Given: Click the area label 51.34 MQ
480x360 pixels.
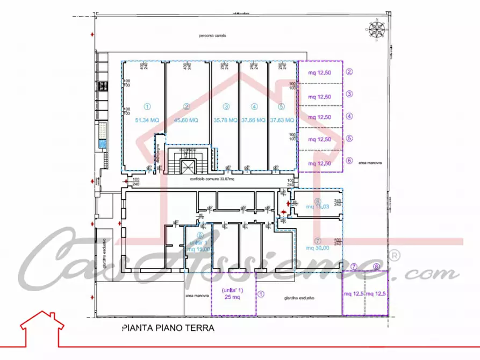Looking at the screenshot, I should tap(146, 121).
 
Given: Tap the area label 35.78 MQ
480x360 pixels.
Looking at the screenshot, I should tap(225, 121).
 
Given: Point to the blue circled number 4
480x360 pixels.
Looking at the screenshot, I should tap(254, 106).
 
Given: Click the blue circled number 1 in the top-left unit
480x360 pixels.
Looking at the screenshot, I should tap(146, 106).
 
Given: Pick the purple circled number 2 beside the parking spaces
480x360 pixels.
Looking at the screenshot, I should tap(349, 71).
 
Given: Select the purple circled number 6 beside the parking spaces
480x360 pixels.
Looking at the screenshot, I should tap(349, 160).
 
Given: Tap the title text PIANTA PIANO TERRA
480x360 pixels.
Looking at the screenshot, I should tap(168, 328).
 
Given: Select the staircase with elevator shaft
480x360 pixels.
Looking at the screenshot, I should tap(188, 161).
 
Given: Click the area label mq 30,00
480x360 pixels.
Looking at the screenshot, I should tap(318, 248).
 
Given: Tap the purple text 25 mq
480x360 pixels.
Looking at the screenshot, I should tap(233, 297).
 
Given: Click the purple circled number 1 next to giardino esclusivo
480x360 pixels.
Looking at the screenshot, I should tap(261, 294).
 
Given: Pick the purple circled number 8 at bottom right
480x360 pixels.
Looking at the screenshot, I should tap(376, 267).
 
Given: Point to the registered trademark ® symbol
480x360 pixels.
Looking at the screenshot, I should tap(394, 255).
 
